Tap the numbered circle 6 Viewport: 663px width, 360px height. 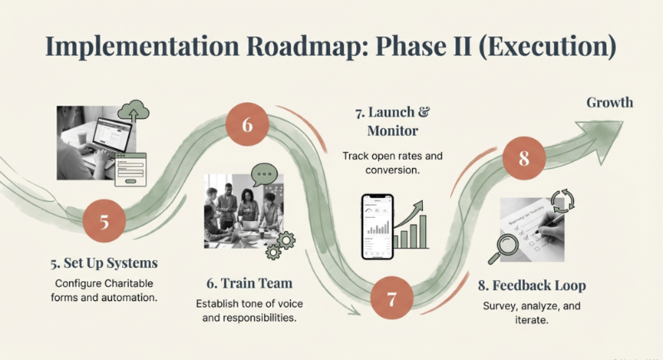tap(248, 125)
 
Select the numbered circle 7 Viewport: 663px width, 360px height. tap(392, 297)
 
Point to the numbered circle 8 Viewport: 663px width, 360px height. tap(523, 158)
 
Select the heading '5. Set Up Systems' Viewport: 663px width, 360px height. tap(103, 264)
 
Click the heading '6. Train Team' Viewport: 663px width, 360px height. tap(248, 283)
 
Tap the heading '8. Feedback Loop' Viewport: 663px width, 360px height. tap(532, 285)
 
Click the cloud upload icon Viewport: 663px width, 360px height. tap(134, 111)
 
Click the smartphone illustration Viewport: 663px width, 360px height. tap(377, 226)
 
